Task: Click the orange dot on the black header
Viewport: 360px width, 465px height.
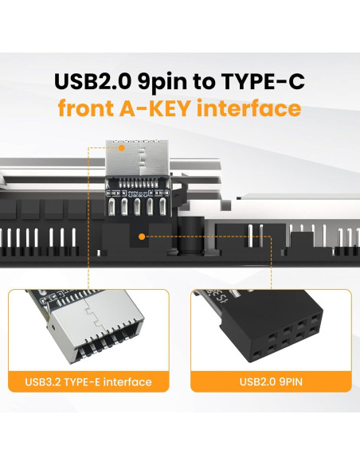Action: [141, 236]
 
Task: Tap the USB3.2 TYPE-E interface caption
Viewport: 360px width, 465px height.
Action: [90, 382]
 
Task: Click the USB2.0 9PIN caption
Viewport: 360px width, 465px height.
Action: [269, 382]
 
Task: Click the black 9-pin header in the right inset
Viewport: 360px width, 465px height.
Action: [271, 334]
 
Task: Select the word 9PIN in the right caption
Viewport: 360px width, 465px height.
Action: [288, 382]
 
